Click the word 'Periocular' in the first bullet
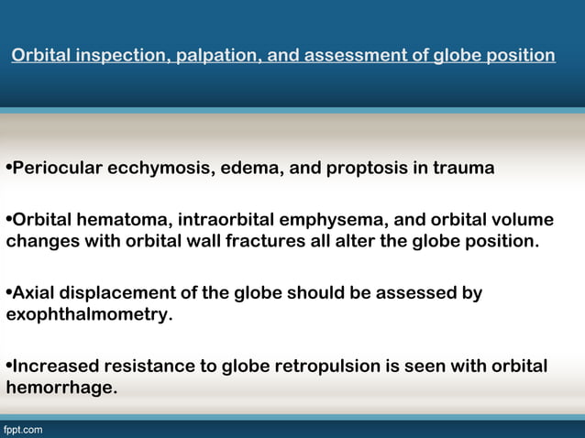[x=56, y=170]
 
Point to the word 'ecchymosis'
[x=161, y=170]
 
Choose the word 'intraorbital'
[x=233, y=220]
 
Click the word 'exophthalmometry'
[x=87, y=315]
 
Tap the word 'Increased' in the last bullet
[x=55, y=367]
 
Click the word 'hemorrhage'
[x=60, y=389]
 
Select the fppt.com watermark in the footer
[x=22, y=429]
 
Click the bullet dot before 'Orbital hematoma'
[x=8, y=220]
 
